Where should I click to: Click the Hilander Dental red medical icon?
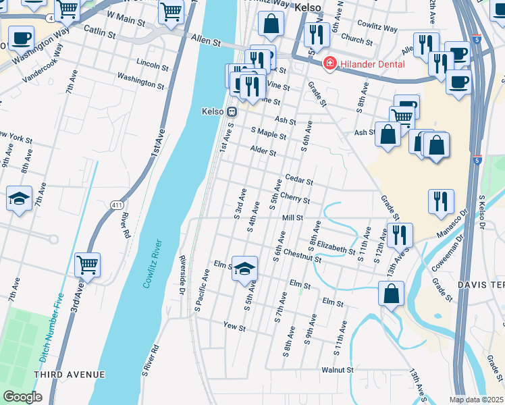[330, 64]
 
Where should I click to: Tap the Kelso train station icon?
[231, 111]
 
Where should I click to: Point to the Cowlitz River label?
[153, 264]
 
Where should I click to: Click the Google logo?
[22, 397]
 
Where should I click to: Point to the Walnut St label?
[338, 370]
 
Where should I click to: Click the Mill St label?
[292, 218]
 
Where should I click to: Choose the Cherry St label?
[295, 200]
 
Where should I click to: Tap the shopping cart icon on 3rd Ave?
[88, 264]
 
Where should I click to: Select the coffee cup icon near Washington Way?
[20, 38]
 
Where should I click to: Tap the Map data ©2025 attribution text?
[477, 400]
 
